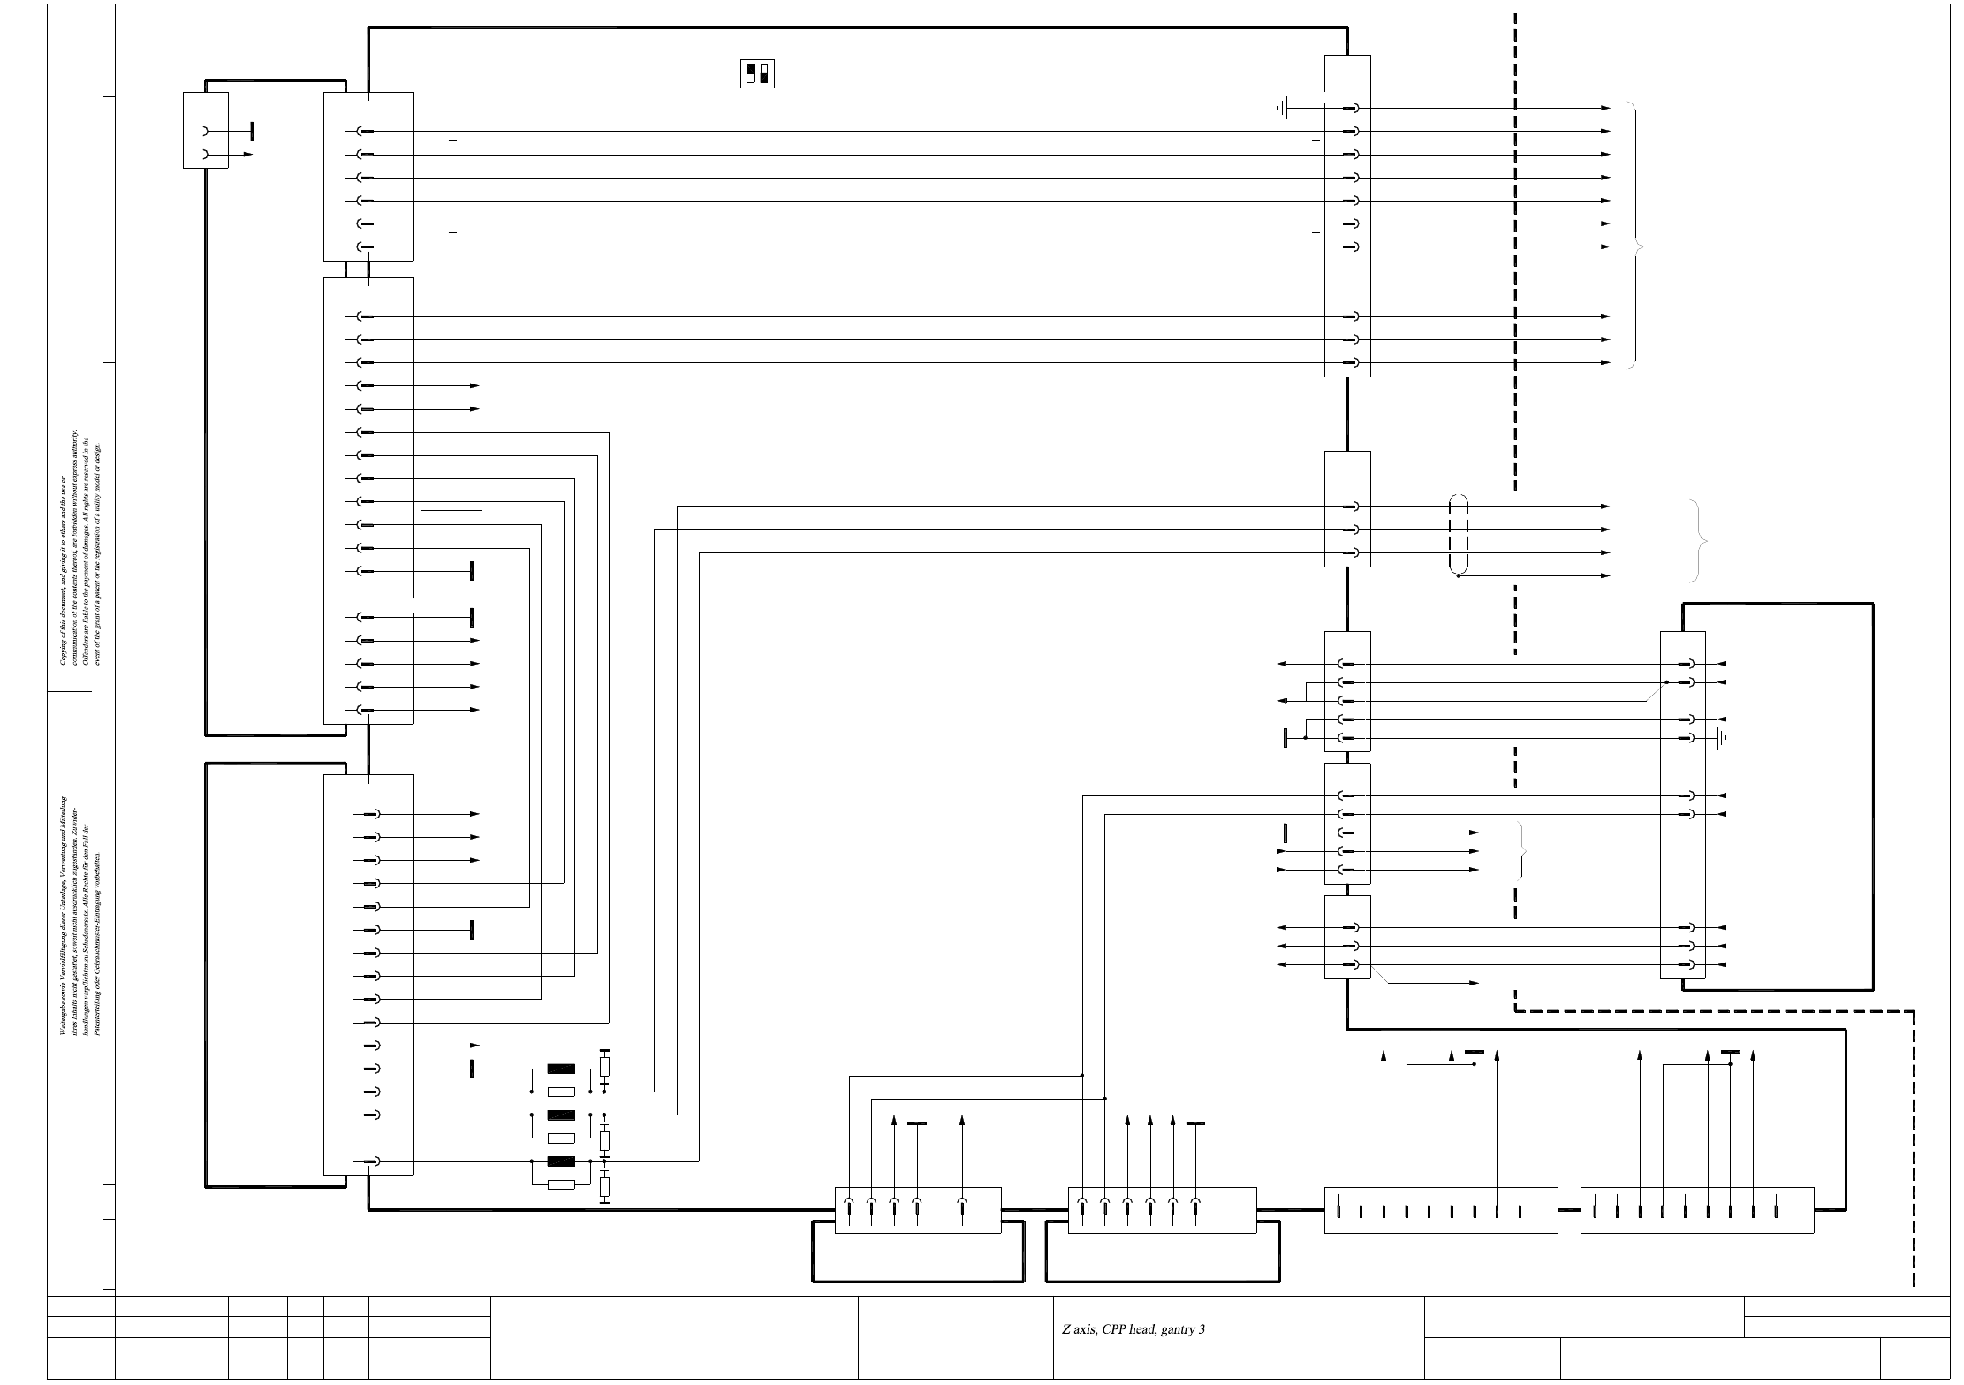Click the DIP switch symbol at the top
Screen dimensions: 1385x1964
[756, 74]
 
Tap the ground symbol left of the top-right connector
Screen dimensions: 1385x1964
[1284, 109]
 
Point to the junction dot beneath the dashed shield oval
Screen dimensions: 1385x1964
[1459, 576]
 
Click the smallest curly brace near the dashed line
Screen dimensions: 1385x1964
[1521, 850]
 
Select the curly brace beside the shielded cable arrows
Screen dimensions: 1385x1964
[1697, 541]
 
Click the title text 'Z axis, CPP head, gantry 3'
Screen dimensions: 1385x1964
[1134, 1329]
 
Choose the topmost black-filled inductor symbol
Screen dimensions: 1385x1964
[562, 1069]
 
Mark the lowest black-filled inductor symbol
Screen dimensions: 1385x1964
[562, 1161]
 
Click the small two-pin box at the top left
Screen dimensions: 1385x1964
[205, 130]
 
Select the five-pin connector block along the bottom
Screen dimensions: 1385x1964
[918, 1210]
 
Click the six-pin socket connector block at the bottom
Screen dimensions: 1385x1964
[1162, 1210]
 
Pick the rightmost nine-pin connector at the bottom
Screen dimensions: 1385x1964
[1696, 1210]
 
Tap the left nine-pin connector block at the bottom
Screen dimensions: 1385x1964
[1441, 1210]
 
